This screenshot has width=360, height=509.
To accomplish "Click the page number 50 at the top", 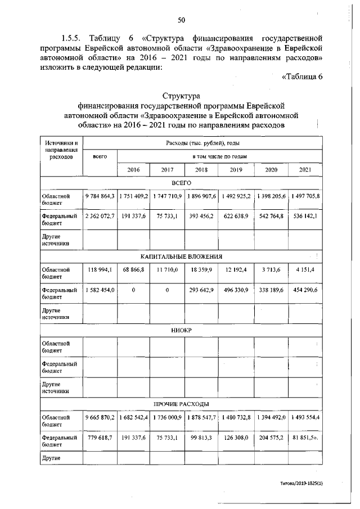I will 182,20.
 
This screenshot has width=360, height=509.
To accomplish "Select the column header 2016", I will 134,169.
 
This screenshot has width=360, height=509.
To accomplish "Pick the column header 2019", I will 236,169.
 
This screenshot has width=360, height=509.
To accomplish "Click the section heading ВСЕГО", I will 181,183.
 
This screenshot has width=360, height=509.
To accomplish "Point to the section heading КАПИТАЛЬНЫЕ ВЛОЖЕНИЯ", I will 181,256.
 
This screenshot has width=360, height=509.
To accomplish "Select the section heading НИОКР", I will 181,330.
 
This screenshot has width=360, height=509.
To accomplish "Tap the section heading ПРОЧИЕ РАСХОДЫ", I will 181,404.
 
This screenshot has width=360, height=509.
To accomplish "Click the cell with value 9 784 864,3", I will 100,196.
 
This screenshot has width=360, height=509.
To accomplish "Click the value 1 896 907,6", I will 201,196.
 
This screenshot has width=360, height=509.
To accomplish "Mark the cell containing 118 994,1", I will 100,270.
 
